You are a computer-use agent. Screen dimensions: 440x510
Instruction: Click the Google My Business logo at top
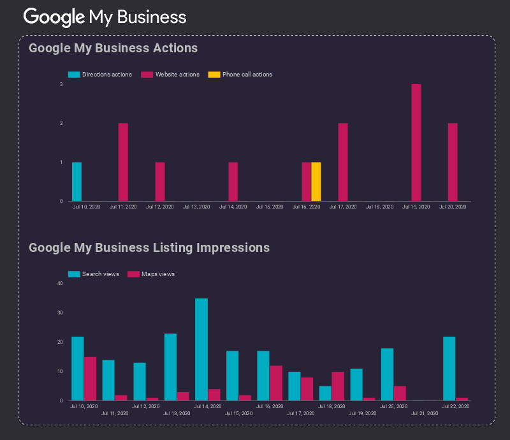coord(105,17)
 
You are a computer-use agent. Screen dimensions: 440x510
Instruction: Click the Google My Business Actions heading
coord(113,48)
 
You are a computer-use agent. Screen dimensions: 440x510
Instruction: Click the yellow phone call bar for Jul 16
coord(316,182)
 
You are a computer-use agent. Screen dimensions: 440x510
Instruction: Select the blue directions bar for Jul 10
coord(76,182)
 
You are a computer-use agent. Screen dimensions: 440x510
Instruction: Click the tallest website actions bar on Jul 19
coord(416,143)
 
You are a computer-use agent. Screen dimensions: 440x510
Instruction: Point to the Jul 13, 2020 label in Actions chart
coord(196,207)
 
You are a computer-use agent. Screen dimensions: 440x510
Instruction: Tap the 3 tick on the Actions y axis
coord(61,84)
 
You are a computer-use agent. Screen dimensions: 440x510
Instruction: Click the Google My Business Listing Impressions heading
coord(149,247)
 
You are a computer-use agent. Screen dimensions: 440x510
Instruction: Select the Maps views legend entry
coord(152,274)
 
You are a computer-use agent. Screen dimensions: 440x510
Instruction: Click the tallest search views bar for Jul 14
coord(201,349)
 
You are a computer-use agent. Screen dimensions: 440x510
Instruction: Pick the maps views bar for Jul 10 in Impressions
coord(90,379)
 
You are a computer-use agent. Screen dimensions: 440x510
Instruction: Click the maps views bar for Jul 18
coord(338,386)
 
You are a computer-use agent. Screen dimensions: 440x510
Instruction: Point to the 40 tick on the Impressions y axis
coord(60,283)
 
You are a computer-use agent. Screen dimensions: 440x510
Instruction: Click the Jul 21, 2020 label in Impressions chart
coord(425,413)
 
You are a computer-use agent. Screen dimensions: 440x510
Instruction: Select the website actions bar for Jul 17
coord(342,162)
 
